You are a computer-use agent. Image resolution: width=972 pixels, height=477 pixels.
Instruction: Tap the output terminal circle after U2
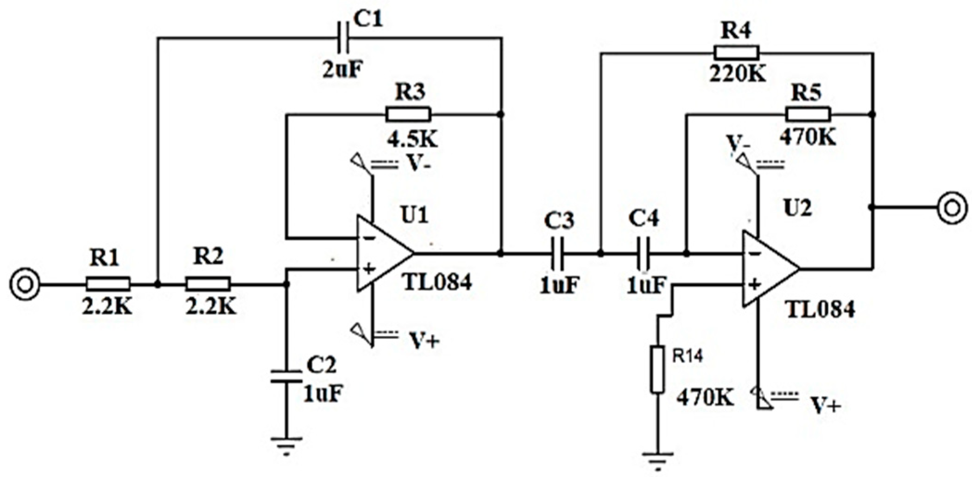tap(952, 208)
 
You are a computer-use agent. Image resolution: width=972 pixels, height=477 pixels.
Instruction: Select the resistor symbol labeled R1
tap(107, 284)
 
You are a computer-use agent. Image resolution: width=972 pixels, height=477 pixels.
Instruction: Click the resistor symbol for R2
tap(208, 284)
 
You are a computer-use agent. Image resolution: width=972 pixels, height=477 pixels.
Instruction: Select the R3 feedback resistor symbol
tap(408, 114)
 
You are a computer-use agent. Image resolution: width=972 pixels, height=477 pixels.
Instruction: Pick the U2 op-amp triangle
tap(767, 269)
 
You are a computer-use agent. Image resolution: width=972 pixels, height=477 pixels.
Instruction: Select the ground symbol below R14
tap(657, 458)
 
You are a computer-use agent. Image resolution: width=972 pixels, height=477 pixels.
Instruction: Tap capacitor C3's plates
tap(558, 254)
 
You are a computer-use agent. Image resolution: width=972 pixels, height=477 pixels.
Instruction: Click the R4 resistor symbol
tap(737, 52)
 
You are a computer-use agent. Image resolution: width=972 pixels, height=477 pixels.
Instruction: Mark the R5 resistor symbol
tap(808, 114)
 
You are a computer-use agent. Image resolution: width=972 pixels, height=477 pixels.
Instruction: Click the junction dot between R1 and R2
tap(158, 284)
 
